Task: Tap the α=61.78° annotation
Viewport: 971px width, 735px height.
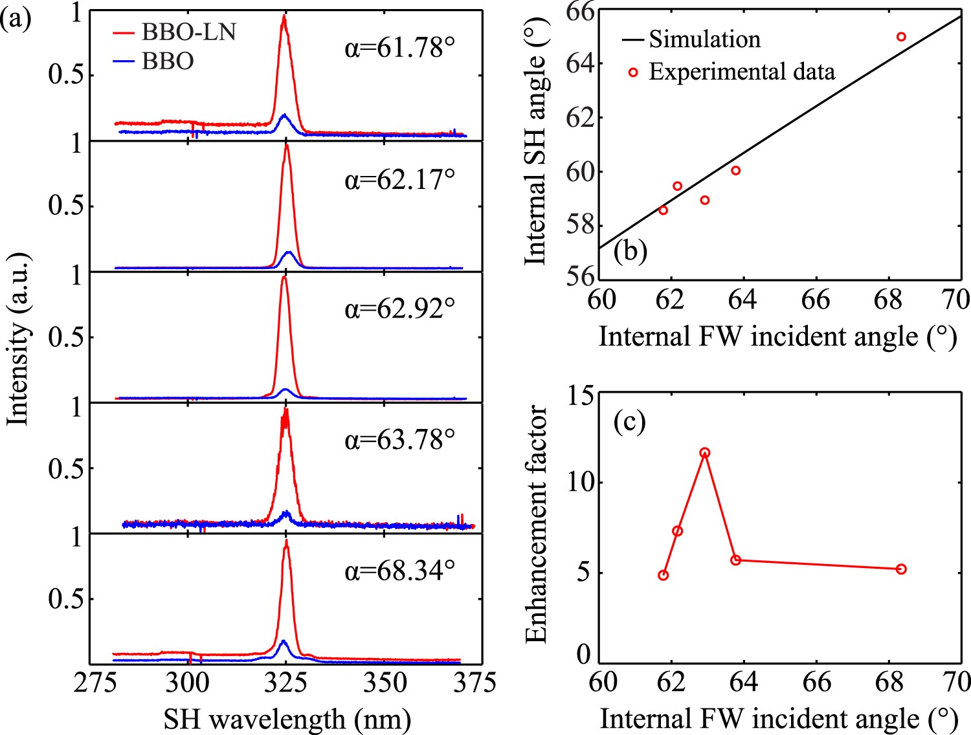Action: (399, 48)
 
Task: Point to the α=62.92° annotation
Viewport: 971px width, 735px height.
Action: (399, 309)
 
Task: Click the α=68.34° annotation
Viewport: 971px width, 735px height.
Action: (399, 571)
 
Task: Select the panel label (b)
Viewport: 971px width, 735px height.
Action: (631, 250)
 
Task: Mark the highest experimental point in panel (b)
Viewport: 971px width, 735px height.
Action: (901, 37)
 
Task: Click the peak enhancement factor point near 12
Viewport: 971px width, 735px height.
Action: (705, 453)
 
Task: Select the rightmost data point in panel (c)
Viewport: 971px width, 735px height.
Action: (901, 569)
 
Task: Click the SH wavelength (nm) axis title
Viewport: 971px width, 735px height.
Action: (287, 719)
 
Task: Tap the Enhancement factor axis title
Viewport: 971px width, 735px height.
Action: (537, 524)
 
